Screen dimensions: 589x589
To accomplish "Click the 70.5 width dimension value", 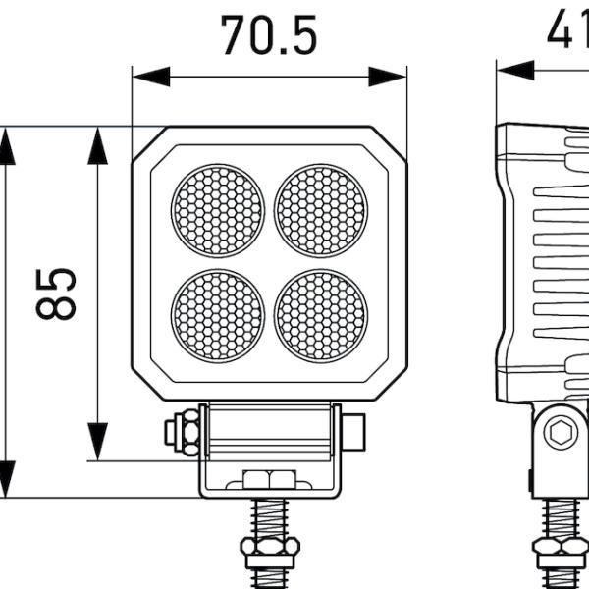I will coord(269,36).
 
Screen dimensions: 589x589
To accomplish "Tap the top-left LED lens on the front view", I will coord(218,210).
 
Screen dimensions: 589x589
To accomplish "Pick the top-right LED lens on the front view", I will coord(320,210).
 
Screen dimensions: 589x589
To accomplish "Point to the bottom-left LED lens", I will coord(218,315).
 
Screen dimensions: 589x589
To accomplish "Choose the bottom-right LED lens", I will coord(320,315).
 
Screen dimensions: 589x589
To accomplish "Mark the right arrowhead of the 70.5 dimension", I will coord(388,77).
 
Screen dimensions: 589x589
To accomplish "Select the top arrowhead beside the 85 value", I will coord(97,146).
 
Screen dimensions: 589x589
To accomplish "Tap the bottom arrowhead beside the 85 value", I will coord(97,441).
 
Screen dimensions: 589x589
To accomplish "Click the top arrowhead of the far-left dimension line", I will coord(7,146).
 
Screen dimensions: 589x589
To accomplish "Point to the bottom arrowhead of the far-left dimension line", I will coord(7,479).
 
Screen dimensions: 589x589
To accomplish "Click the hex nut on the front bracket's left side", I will coord(184,433).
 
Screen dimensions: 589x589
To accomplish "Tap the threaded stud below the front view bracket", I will coord(269,517).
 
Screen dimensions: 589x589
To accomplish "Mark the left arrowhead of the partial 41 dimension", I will coord(515,70).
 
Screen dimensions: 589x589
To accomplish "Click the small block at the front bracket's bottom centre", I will coord(269,479).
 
